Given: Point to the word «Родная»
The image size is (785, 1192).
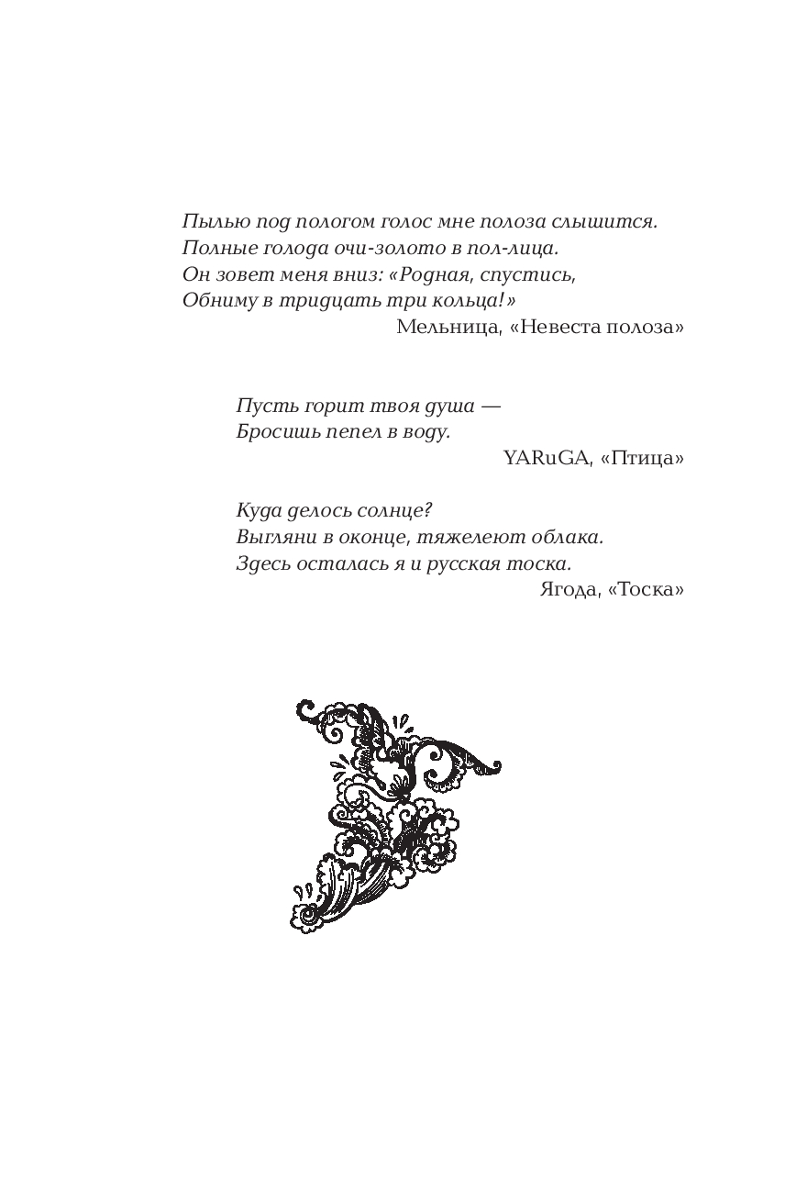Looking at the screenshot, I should tap(456, 274).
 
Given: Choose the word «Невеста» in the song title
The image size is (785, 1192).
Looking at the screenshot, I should tap(558, 327).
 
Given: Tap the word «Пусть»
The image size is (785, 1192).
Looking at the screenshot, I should tap(260, 406).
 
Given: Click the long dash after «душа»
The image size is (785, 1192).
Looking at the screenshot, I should tap(491, 406).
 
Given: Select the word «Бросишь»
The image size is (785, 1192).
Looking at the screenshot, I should tap(271, 431).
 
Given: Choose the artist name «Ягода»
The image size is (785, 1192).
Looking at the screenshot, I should tap(569, 589).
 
